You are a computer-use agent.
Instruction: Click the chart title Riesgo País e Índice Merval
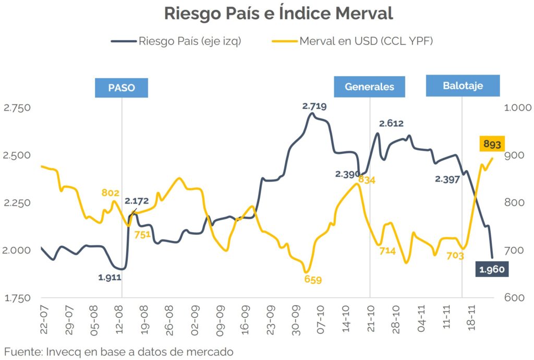point(278,14)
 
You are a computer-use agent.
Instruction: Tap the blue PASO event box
point(122,88)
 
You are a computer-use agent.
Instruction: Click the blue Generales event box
point(369,87)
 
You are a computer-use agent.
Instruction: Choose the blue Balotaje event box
point(463,86)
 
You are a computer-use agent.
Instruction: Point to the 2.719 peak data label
point(314,106)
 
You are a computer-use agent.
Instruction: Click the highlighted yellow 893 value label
point(492,144)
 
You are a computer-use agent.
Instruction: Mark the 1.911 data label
point(110,278)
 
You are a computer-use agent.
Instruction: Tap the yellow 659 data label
point(313,280)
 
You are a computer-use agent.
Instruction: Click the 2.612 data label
point(391,124)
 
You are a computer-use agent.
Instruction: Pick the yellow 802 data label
point(111,193)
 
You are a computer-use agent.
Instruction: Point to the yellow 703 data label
point(455,256)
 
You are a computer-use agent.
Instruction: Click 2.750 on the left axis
point(17,107)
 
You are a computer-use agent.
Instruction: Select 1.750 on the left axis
point(17,298)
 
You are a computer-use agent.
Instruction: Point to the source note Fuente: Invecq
point(118,351)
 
